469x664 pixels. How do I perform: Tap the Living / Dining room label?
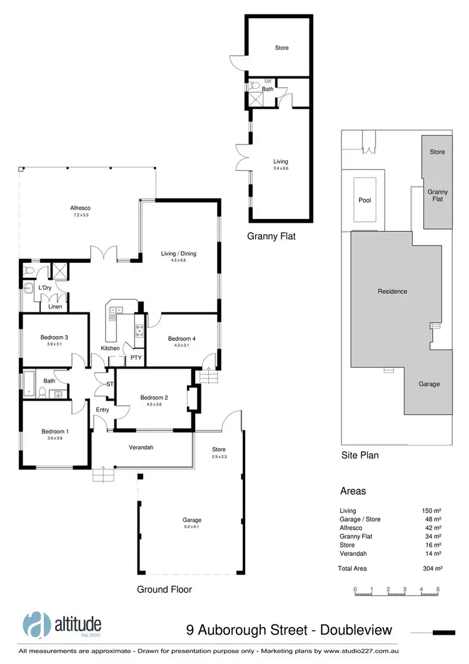click(x=179, y=253)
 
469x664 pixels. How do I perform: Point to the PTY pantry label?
click(x=135, y=358)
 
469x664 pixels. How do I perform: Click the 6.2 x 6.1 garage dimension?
click(x=192, y=528)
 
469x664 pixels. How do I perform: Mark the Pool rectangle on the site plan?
click(x=365, y=201)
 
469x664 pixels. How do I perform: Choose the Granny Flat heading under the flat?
click(x=271, y=237)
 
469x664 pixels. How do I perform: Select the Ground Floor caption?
click(x=164, y=589)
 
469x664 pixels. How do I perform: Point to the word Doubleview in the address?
click(x=357, y=630)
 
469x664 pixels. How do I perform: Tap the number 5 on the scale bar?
click(x=438, y=590)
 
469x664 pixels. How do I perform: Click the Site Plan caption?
click(x=360, y=455)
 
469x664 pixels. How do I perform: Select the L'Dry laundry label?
click(x=44, y=287)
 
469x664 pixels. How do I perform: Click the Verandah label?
click(x=141, y=447)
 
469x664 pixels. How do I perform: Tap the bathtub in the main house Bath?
click(x=29, y=381)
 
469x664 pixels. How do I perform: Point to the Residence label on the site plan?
click(x=392, y=291)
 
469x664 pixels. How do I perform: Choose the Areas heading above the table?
click(x=353, y=491)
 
